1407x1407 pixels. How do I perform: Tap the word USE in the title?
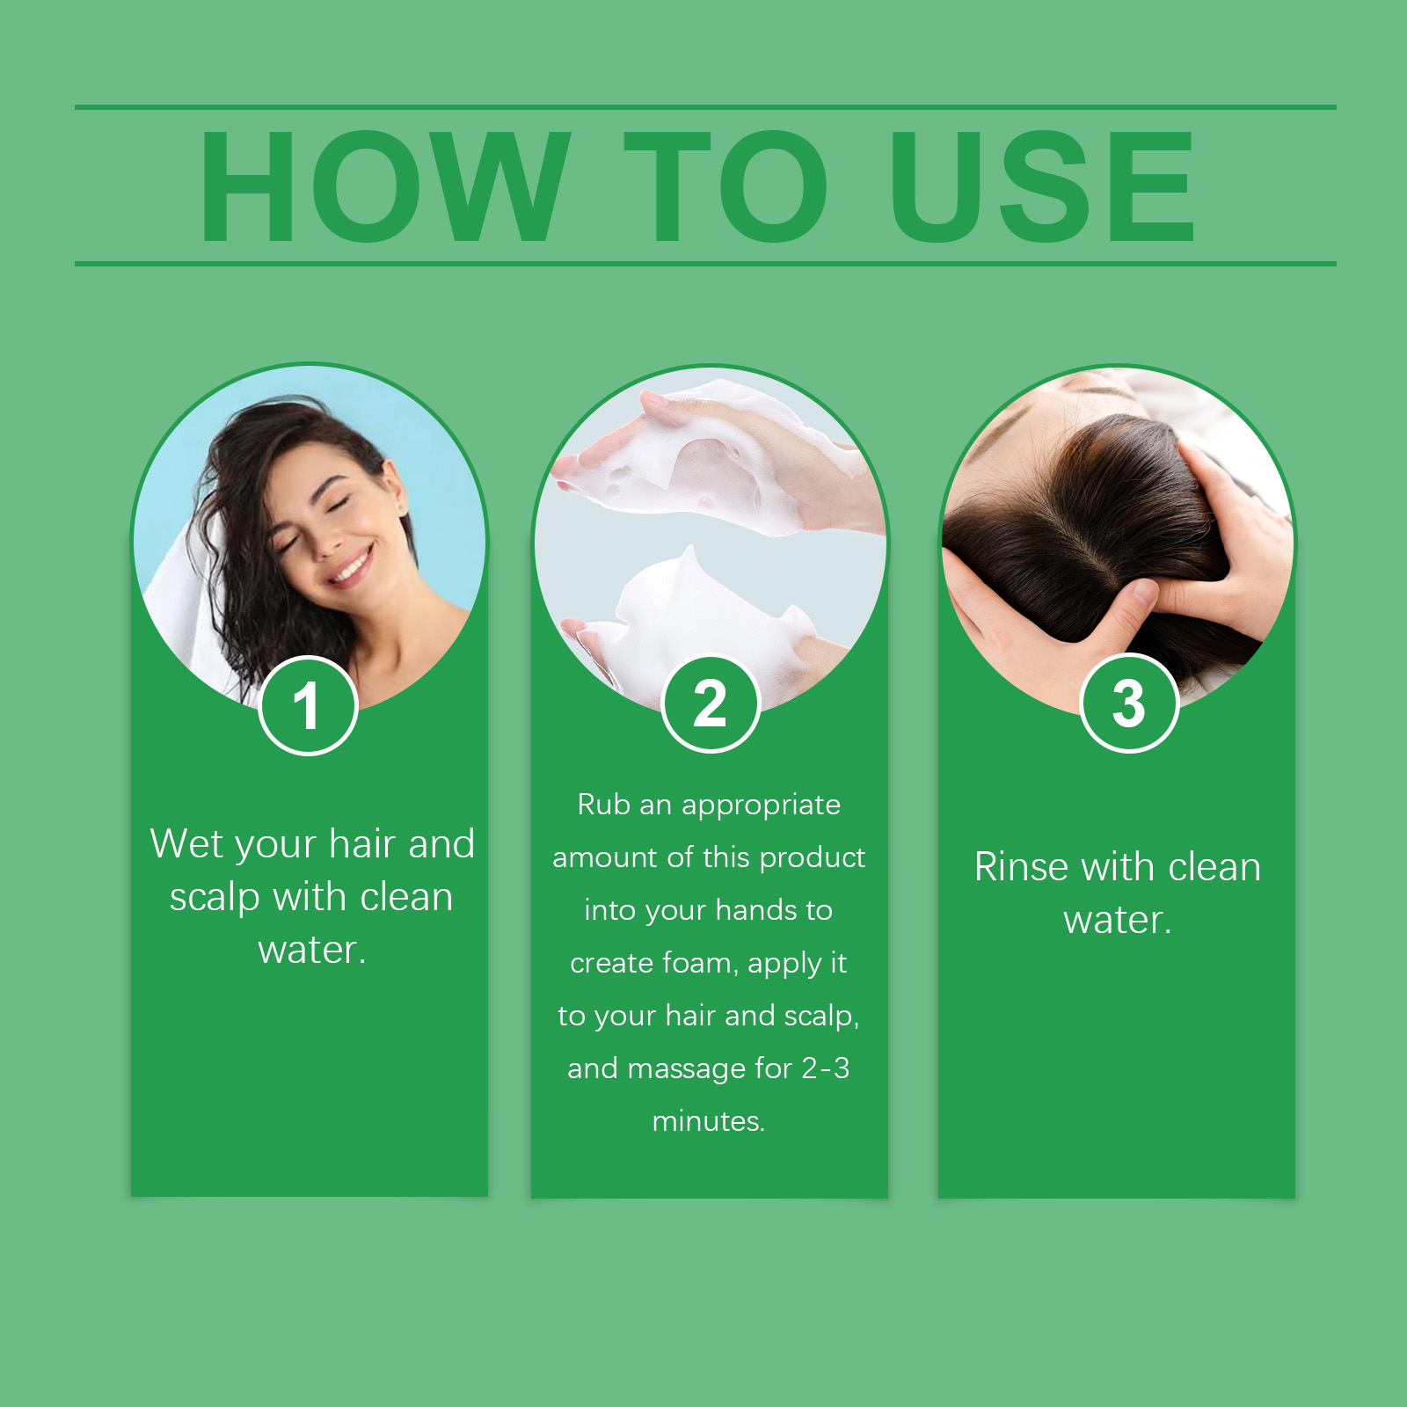[x=1043, y=186]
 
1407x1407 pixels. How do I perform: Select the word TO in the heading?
[x=725, y=186]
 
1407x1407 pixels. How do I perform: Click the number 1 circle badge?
[x=308, y=705]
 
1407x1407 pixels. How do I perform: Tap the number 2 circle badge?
[x=710, y=703]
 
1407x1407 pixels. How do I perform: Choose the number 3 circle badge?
[x=1128, y=703]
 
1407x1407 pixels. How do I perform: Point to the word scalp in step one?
[x=215, y=898]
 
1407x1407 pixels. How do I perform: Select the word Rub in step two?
[x=602, y=805]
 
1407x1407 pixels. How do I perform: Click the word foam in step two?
[x=699, y=963]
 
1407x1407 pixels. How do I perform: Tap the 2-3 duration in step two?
[x=826, y=1068]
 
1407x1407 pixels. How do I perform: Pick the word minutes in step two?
[x=708, y=1121]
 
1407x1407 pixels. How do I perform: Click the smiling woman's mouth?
[x=353, y=567]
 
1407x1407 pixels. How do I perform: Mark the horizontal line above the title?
[x=703, y=107]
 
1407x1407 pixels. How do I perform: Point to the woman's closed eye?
[x=337, y=505]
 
